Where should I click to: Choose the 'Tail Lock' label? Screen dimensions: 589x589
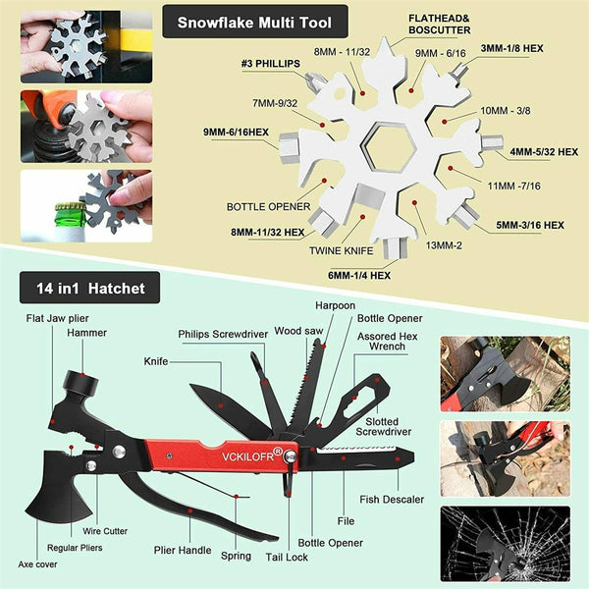(287, 557)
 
